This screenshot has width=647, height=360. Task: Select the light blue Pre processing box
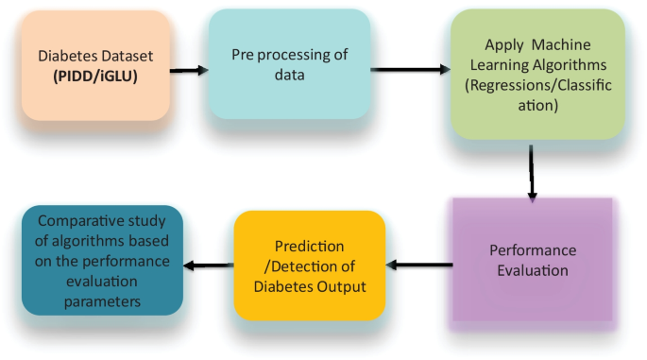coord(288,64)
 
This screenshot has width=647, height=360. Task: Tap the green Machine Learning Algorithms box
coord(536,76)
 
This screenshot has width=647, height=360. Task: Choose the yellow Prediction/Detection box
coord(309,264)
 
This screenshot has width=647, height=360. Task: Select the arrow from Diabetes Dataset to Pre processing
coord(190,70)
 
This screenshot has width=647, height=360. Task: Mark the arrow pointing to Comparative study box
coord(208,266)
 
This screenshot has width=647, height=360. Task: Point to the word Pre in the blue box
coord(244,54)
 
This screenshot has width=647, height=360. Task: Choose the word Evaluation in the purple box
coord(535,270)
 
